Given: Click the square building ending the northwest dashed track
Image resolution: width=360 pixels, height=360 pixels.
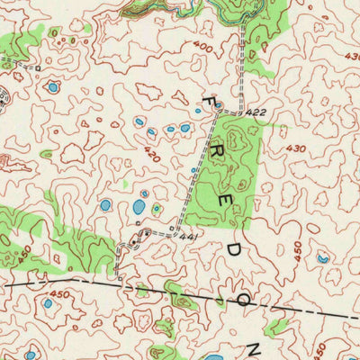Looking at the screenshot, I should [39, 67].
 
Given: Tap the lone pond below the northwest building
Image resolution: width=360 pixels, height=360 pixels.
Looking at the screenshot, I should [52, 87].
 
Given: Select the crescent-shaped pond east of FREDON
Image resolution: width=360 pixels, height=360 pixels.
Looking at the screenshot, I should [323, 258].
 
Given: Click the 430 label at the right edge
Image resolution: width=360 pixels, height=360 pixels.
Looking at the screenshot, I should [350, 57].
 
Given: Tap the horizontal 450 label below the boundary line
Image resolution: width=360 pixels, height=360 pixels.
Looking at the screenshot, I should [60, 293].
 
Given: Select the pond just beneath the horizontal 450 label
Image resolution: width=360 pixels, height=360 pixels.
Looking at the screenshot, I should [47, 304].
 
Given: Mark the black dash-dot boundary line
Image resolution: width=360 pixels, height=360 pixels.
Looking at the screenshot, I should [108, 286].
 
